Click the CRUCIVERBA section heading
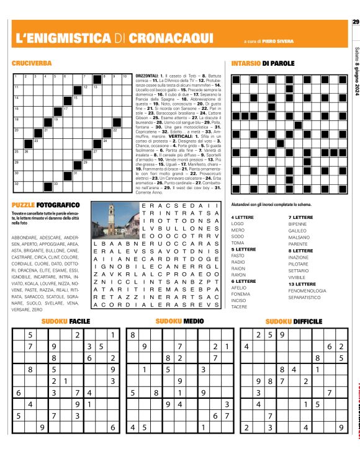tap(31, 64)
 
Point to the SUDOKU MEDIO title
tap(179, 321)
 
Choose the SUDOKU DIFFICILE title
tap(294, 321)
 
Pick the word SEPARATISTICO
tap(309, 298)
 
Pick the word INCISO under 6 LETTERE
tap(239, 300)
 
